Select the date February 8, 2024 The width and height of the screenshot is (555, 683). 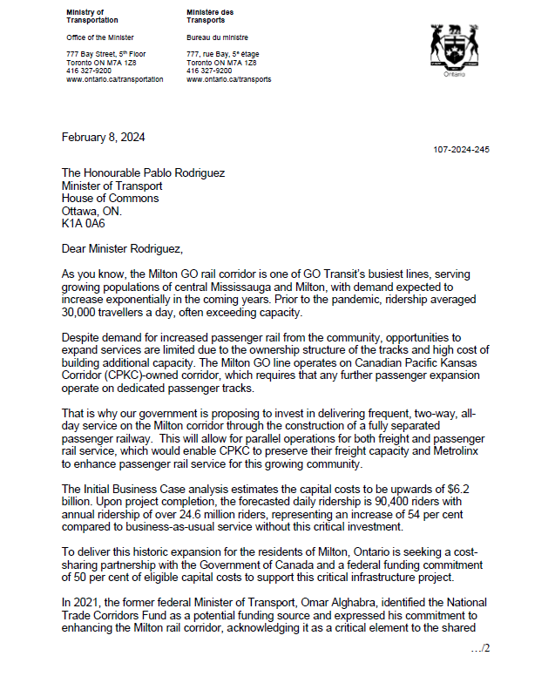coord(103,137)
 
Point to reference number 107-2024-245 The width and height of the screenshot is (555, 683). coord(461,150)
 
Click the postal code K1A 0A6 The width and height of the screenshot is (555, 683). coord(83,223)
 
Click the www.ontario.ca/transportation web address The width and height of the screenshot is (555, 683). coord(115,79)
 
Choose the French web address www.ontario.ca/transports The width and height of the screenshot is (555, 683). coord(228,79)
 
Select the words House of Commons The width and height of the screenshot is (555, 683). coord(110,198)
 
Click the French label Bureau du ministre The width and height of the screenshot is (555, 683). coord(218,38)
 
